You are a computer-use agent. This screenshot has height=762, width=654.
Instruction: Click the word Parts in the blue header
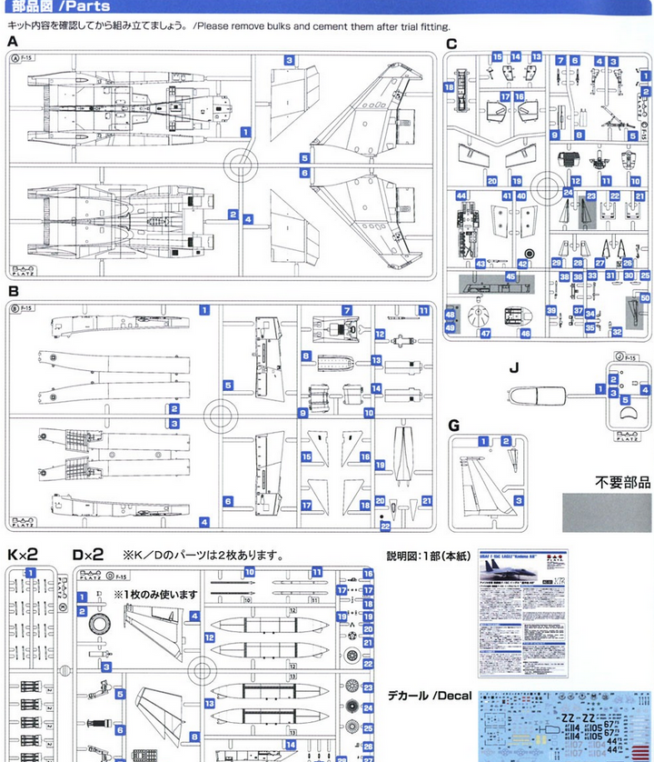coord(88,6)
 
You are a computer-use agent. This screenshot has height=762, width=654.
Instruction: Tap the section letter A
coord(13,43)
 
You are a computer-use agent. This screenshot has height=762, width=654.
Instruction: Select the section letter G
coord(453,424)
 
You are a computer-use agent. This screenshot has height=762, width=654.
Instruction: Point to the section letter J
coord(513,367)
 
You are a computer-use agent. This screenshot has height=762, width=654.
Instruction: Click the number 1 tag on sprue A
coord(245,132)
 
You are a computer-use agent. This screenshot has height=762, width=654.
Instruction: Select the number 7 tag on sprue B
coord(347,310)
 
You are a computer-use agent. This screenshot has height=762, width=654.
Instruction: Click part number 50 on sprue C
coord(645,298)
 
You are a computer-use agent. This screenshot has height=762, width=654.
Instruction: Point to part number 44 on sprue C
coord(461,196)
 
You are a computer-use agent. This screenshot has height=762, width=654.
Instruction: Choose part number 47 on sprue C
coord(485,334)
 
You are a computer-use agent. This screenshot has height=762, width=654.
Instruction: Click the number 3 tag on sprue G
coord(519,500)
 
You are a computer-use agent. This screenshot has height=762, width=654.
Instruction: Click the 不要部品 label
coord(623,482)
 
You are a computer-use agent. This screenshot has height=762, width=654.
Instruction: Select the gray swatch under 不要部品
coord(607,513)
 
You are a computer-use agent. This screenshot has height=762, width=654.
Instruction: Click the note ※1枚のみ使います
coord(155,594)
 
